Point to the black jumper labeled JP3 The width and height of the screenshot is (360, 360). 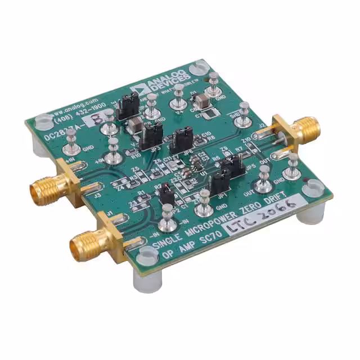[x=150, y=136]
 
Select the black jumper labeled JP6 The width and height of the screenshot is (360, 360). [x=181, y=139]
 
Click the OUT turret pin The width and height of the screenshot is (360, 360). [x=262, y=185]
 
